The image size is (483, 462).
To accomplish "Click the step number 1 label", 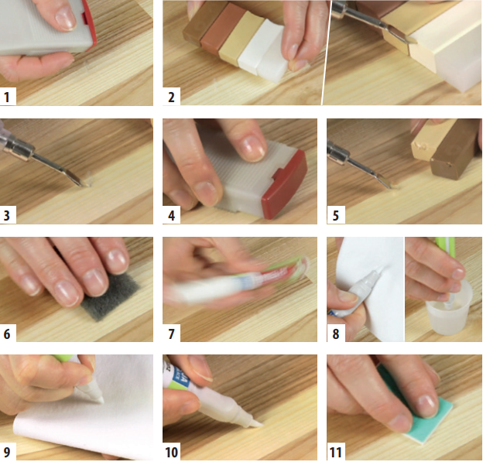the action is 7,98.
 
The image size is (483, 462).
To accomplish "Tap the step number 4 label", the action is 171,215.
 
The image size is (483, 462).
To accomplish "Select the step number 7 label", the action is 171,334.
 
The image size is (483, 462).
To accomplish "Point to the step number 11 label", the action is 335,453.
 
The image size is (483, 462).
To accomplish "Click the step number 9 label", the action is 7,452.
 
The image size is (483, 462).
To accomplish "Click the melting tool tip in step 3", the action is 80,183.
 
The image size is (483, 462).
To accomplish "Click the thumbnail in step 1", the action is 65,19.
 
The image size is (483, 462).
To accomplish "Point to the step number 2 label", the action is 171,98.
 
